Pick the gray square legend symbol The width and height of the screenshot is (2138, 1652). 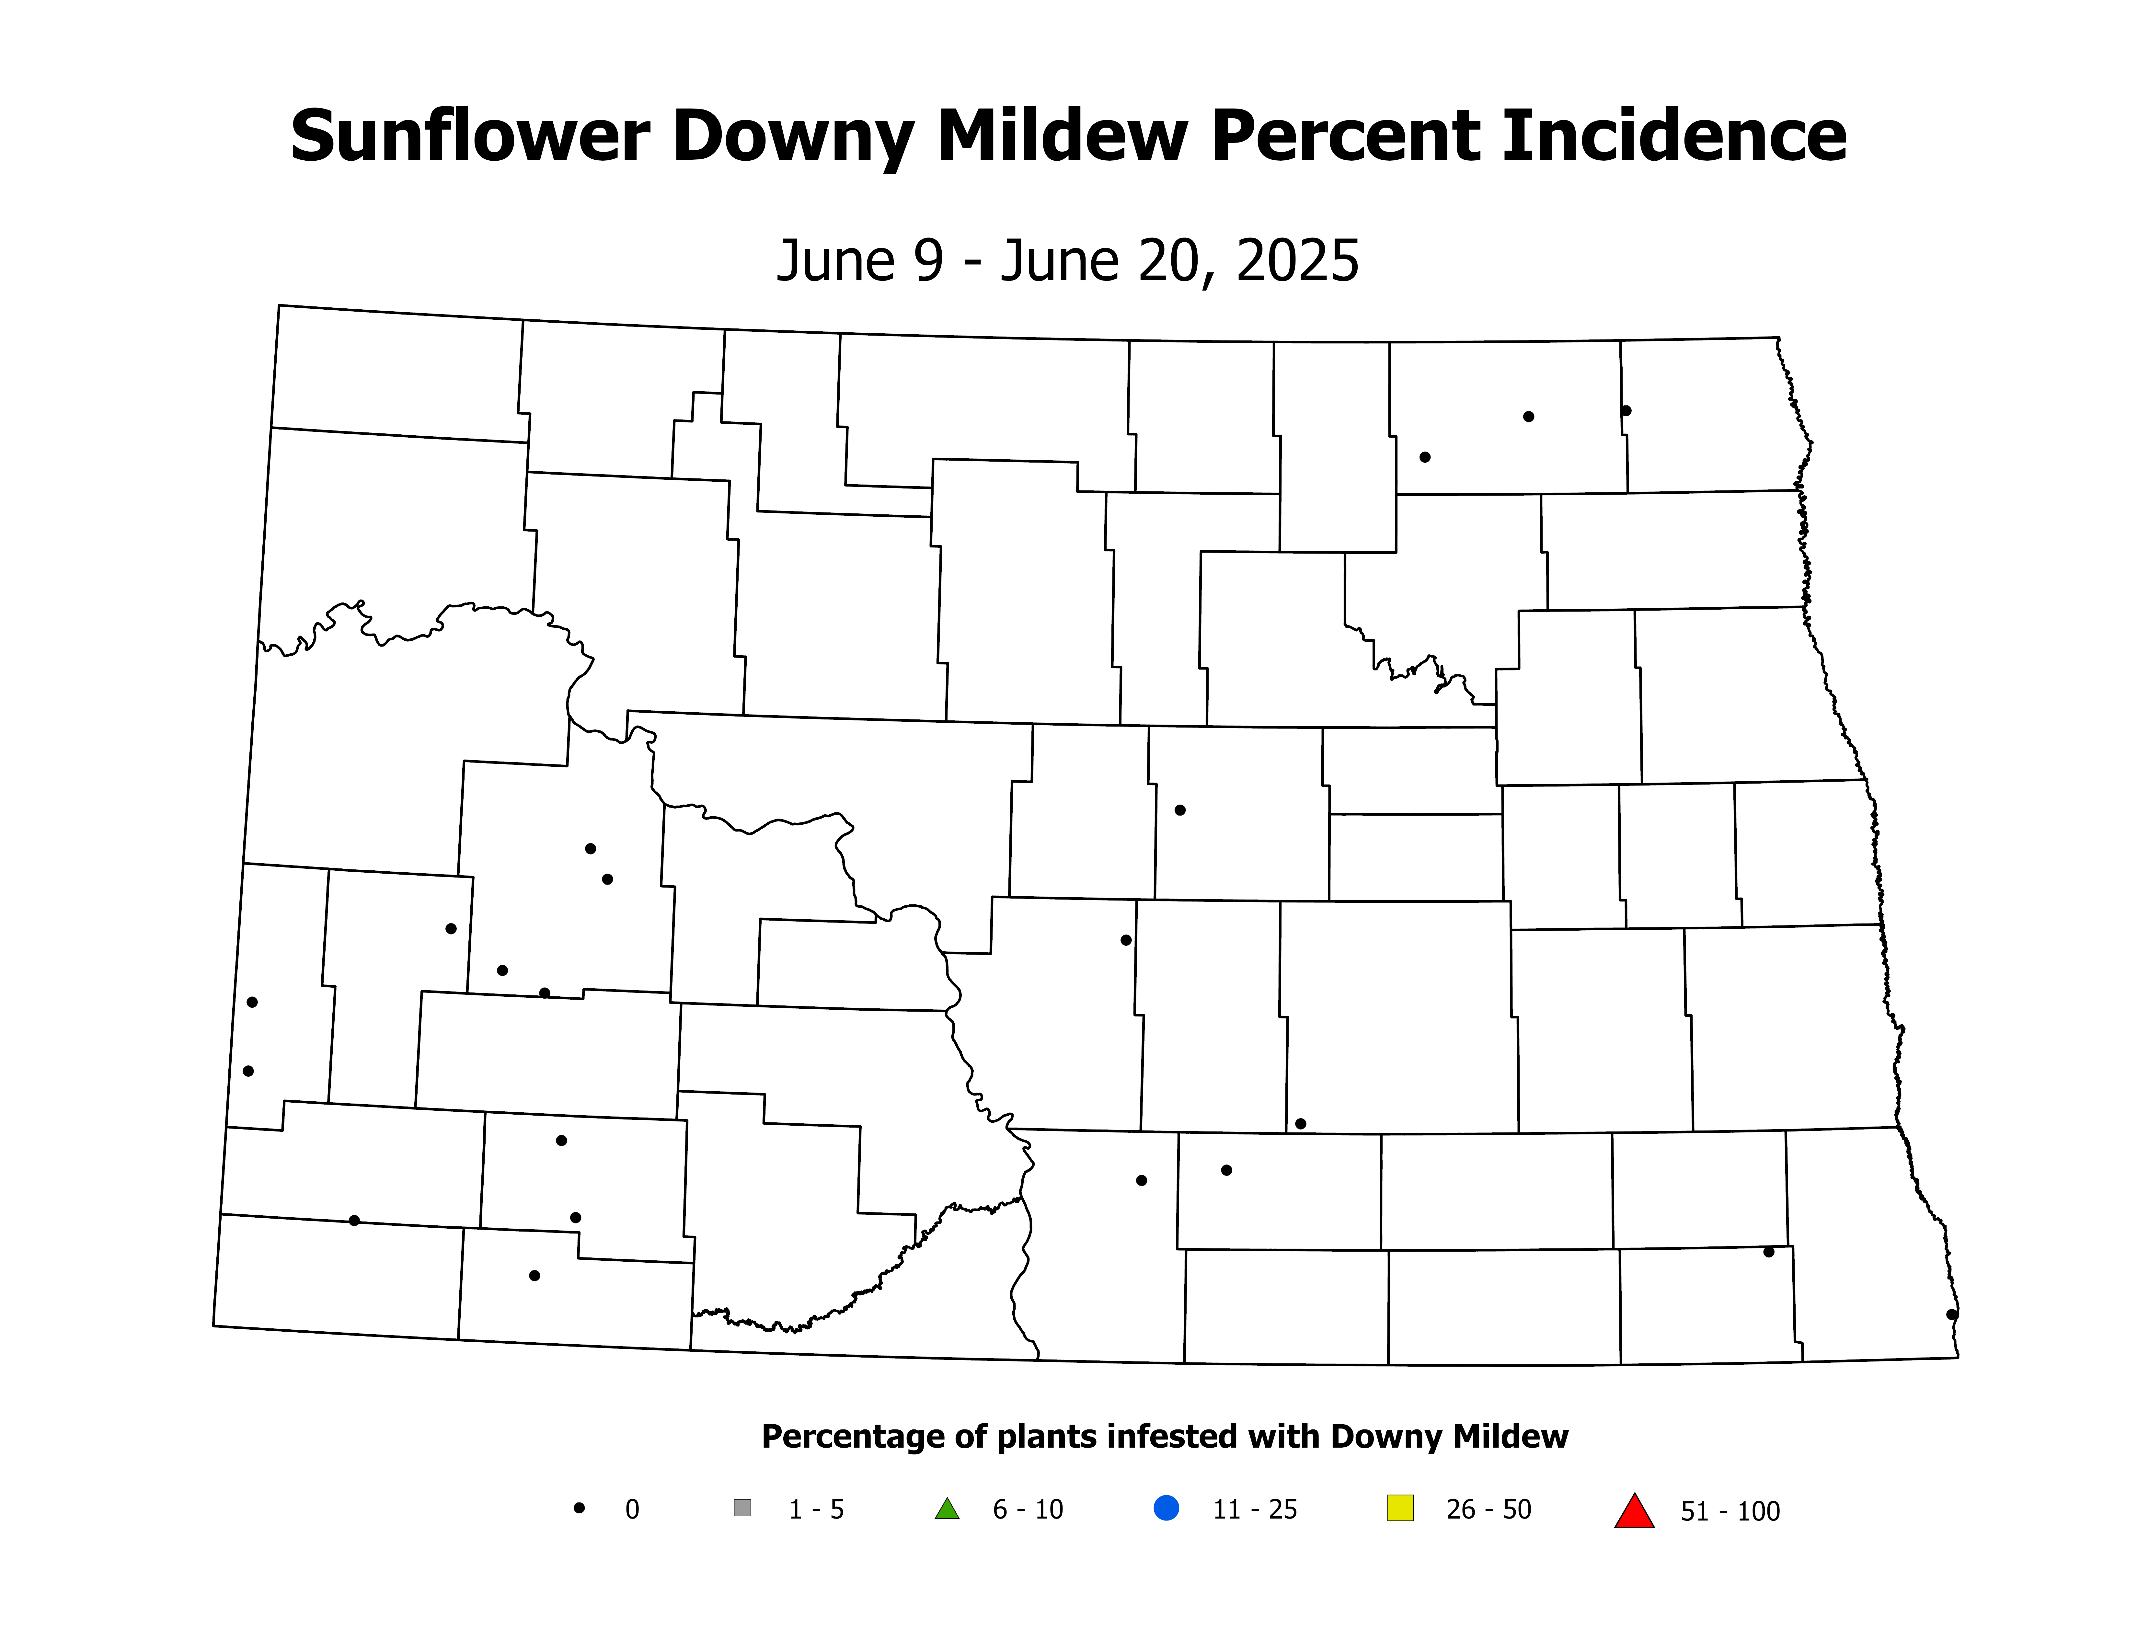pyautogui.click(x=742, y=1508)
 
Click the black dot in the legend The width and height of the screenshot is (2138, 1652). pyautogui.click(x=580, y=1508)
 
